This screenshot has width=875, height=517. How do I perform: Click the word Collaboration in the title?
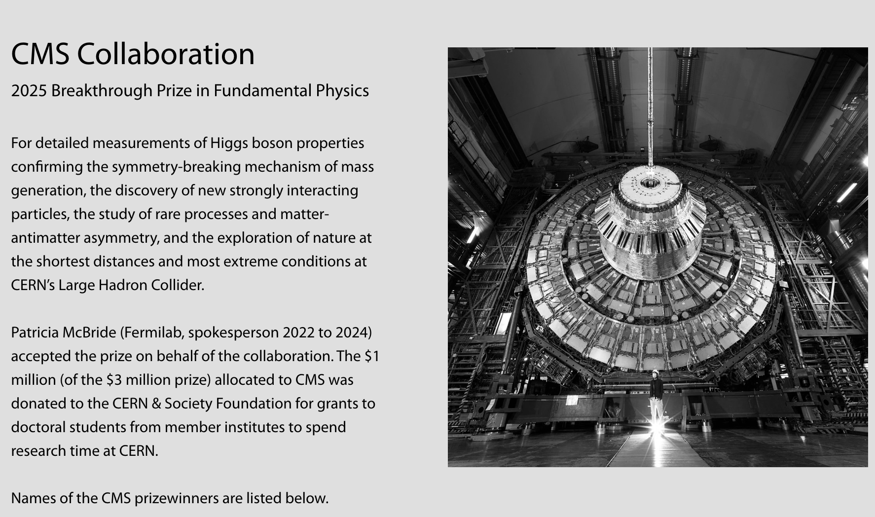166,54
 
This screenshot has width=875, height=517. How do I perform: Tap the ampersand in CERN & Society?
156,404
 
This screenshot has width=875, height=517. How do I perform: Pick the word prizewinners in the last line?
176,499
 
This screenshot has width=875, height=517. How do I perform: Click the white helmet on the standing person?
656,372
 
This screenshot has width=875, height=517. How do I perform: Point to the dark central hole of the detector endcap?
649,184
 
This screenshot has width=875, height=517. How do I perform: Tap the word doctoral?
37,427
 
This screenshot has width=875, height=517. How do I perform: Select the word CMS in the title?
40,54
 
